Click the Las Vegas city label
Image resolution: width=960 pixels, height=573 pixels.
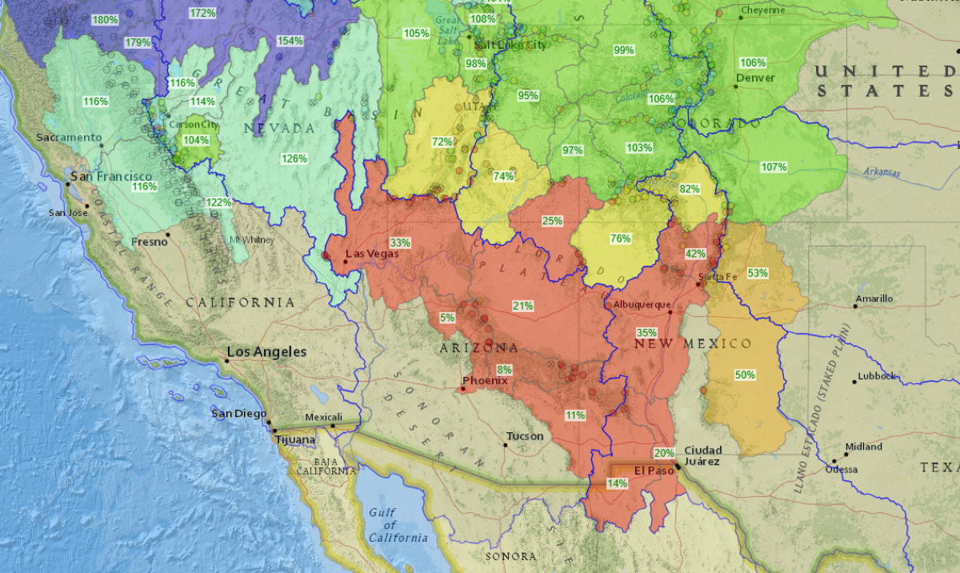coord(371,254)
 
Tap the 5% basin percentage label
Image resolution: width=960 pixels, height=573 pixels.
coord(447,318)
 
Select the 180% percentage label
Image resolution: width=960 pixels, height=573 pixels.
coord(105,19)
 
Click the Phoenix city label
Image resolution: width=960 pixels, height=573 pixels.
coord(485,381)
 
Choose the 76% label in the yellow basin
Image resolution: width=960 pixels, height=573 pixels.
coord(620,238)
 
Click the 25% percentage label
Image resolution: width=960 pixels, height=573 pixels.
coord(552,221)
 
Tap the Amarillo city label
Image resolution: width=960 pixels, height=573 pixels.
coord(874,299)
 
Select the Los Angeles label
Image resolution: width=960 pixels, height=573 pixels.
coord(267,352)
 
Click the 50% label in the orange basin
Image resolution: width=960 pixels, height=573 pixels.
coord(745,375)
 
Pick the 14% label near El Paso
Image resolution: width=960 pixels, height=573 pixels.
coord(617,483)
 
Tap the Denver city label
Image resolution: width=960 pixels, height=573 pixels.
coord(755,78)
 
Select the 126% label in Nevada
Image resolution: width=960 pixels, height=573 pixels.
coord(294,158)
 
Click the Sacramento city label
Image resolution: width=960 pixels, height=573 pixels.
coord(69,138)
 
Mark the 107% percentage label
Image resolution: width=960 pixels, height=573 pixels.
coord(774,167)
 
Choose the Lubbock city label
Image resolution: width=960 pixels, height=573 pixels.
coord(878,375)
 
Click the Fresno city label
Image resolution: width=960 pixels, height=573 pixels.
coord(150,241)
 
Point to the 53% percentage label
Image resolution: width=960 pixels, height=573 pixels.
coord(758,273)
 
